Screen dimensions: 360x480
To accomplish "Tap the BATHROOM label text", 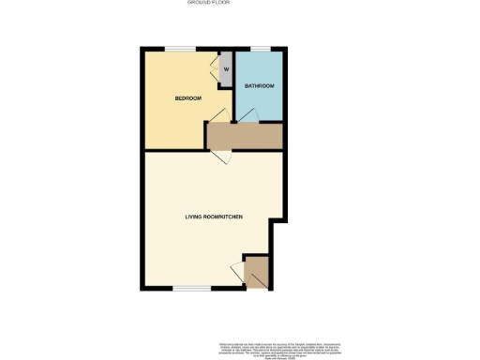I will click(x=259, y=86).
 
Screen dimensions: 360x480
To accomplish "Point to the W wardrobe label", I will click(x=226, y=68).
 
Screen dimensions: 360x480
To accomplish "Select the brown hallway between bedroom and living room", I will click(x=245, y=137).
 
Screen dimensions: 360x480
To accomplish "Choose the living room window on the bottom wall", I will click(x=191, y=287).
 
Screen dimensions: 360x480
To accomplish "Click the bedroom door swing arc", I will click(x=217, y=116).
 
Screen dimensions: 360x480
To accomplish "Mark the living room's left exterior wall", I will click(x=142, y=220).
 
